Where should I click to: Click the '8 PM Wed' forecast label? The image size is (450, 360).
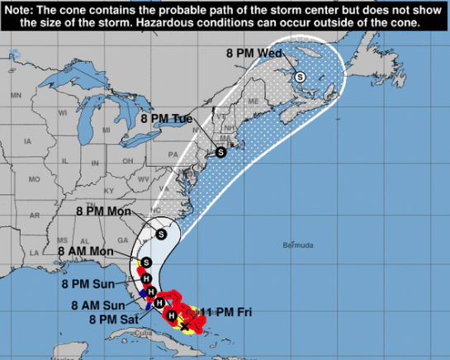point(253,54)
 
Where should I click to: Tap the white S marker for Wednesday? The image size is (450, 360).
point(300,76)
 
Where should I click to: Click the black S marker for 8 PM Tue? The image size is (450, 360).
point(220,153)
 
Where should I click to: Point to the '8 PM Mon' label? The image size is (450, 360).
point(105,211)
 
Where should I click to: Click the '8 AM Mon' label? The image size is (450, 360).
point(85,250)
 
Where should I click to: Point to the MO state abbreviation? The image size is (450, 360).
point(34,178)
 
